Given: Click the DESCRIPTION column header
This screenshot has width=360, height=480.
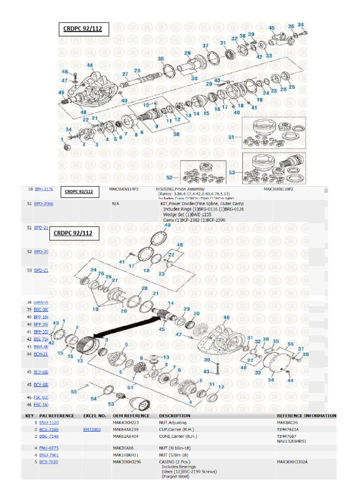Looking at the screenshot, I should (174, 416).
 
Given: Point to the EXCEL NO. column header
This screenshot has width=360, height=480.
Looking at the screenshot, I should (94, 416).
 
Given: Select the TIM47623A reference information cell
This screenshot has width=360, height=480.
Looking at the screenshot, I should (290, 429).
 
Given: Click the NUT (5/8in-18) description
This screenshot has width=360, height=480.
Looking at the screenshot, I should (174, 455).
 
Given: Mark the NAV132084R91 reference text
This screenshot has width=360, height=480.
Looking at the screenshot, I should (295, 441).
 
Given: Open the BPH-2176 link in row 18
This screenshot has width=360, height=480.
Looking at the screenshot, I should (44, 189).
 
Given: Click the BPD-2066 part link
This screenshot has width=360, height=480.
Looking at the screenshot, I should (44, 204).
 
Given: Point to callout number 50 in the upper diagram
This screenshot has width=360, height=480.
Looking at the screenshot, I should (176, 134).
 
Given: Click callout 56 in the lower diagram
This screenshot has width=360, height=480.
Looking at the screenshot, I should (291, 344).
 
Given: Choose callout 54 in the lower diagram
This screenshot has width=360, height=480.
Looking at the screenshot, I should (94, 398).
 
